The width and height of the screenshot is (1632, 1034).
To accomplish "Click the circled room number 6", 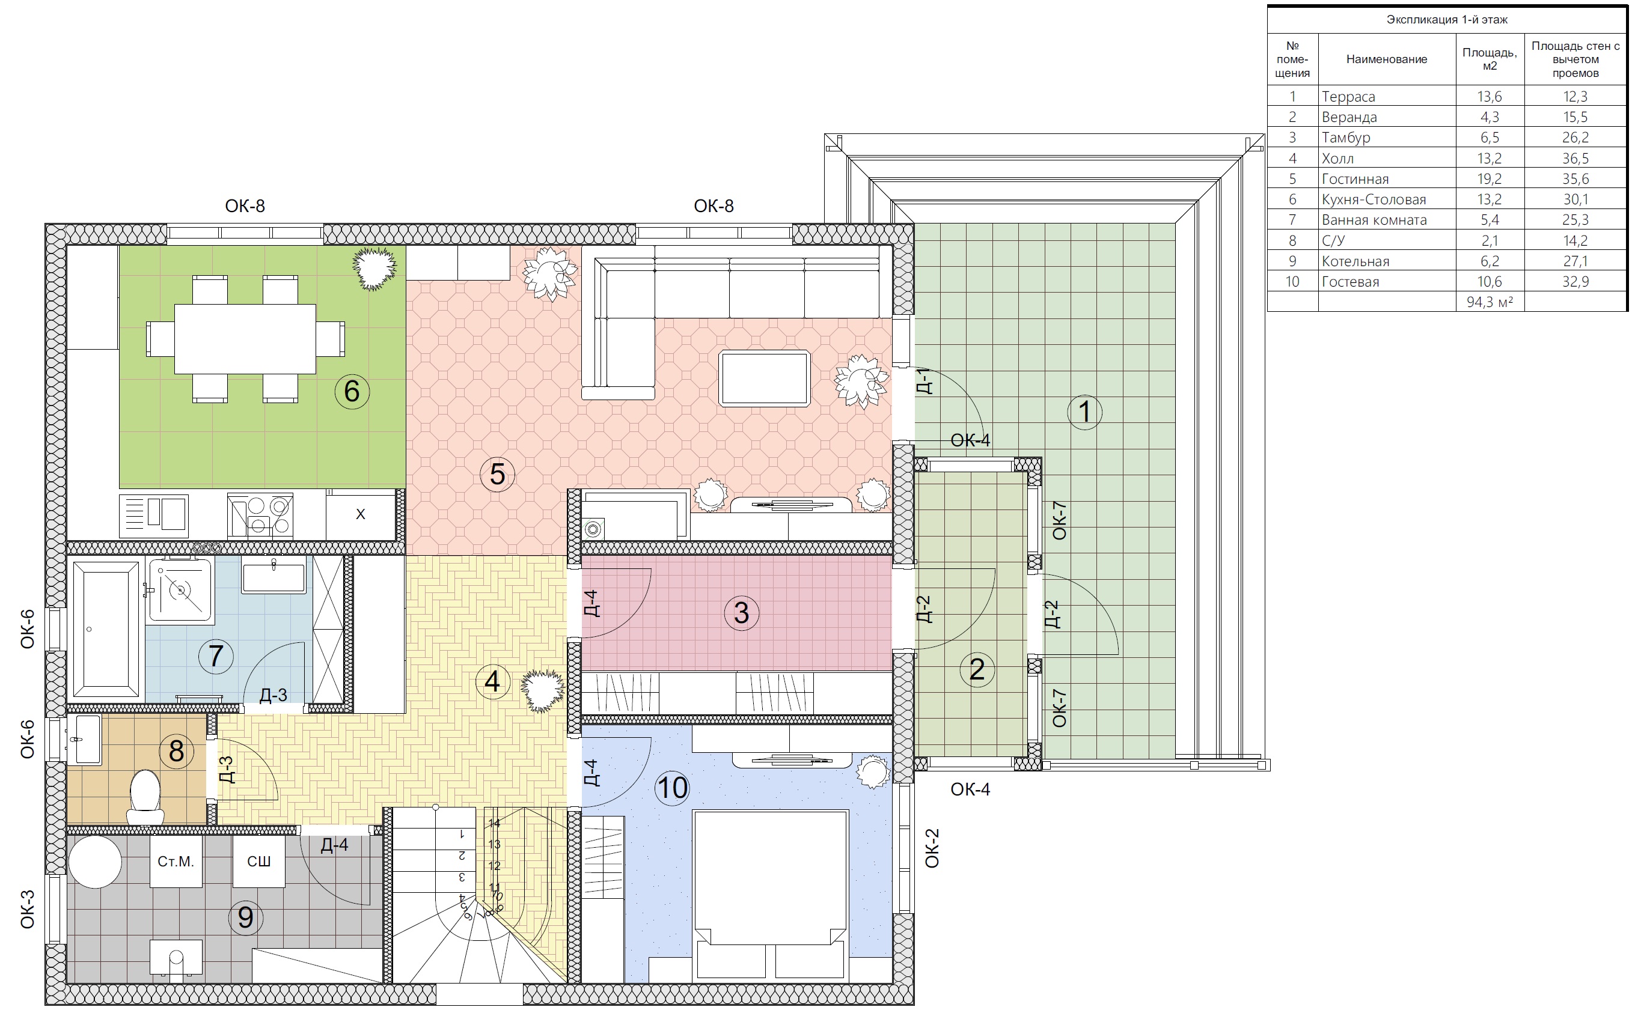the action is point(352,391).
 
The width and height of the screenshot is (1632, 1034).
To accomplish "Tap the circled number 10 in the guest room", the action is point(672,787).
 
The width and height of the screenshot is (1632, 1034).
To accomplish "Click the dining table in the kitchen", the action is point(245,339).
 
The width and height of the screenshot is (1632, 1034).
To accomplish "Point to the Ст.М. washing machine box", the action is point(176,861).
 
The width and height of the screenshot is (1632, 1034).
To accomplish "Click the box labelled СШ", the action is point(258,861).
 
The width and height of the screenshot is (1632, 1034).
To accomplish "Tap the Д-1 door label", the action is point(924,381).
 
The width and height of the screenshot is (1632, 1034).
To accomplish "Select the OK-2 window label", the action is point(932,848).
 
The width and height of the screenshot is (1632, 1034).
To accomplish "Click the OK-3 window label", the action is point(27,909).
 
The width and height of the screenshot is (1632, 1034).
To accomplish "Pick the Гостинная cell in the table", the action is point(1355,179).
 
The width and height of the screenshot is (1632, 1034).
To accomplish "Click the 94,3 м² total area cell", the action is point(1490,302).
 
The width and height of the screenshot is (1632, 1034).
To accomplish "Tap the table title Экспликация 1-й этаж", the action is point(1447,20).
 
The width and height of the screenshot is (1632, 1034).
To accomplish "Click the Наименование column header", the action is point(1387,59).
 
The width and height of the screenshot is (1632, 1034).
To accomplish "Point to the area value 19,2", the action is point(1490,179).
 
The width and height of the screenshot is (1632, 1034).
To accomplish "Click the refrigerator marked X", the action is point(361,514).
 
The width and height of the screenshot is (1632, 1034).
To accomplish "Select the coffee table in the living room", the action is point(765,378).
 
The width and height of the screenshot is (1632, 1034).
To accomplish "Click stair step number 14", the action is point(494,823).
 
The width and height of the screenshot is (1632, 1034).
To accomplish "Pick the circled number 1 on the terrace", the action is point(1084,412).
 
